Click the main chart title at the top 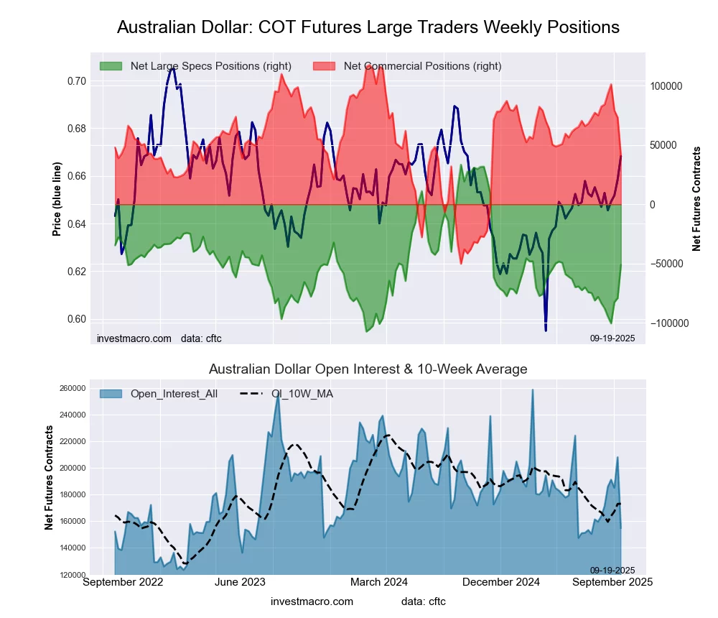pyautogui.click(x=368, y=27)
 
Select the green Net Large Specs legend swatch pyautogui.click(x=111, y=66)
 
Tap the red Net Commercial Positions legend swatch pyautogui.click(x=324, y=66)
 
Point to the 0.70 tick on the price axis pyautogui.click(x=76, y=81)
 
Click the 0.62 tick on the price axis pyautogui.click(x=76, y=272)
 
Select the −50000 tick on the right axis pyautogui.click(x=667, y=264)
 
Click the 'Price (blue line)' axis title pyautogui.click(x=57, y=198)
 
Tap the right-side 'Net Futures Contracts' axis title pyautogui.click(x=696, y=198)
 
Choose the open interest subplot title pyautogui.click(x=368, y=369)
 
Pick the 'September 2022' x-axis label pyautogui.click(x=123, y=581)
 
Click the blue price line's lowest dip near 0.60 pyautogui.click(x=546, y=330)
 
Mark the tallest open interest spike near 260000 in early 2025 pyautogui.click(x=533, y=390)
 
